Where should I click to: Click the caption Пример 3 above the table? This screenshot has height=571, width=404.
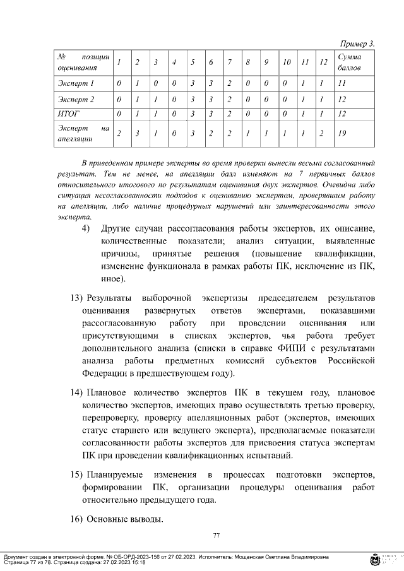pyautogui.click(x=357, y=44)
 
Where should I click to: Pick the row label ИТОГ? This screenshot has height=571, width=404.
pyautogui.click(x=68, y=114)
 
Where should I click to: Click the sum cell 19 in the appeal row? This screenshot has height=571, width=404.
pyautogui.click(x=342, y=133)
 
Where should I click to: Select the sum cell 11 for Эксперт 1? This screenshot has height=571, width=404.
pyautogui.click(x=342, y=83)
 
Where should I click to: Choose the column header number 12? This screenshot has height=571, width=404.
pyautogui.click(x=323, y=62)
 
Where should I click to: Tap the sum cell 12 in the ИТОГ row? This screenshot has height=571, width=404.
pyautogui.click(x=342, y=114)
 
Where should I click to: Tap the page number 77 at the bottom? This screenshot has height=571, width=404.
pyautogui.click(x=216, y=536)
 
